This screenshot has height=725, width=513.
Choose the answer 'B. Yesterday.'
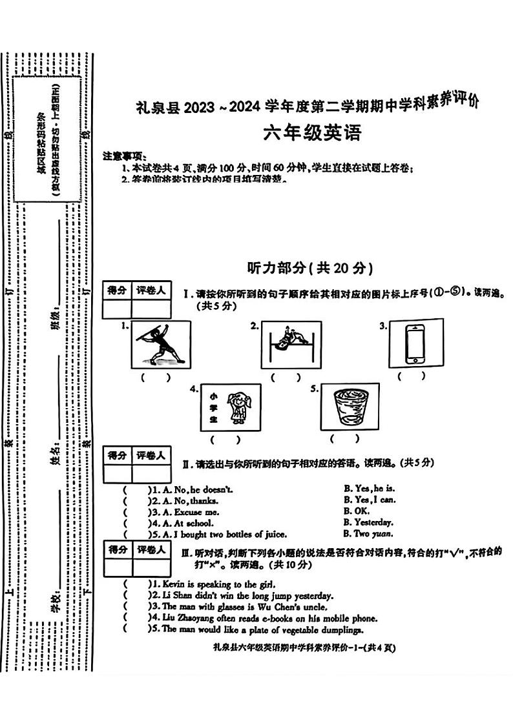pyautogui.click(x=368, y=522)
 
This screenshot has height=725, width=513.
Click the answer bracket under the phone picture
pyautogui.click(x=412, y=375)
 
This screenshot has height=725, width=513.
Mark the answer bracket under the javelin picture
pyautogui.click(x=156, y=378)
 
